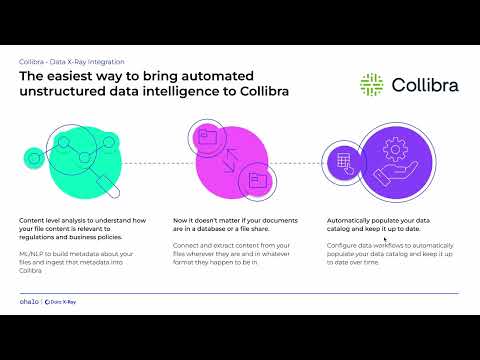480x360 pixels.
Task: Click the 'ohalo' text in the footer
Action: (29, 300)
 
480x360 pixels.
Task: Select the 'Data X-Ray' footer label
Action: (62, 300)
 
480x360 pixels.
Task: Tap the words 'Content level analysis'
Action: (46, 220)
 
